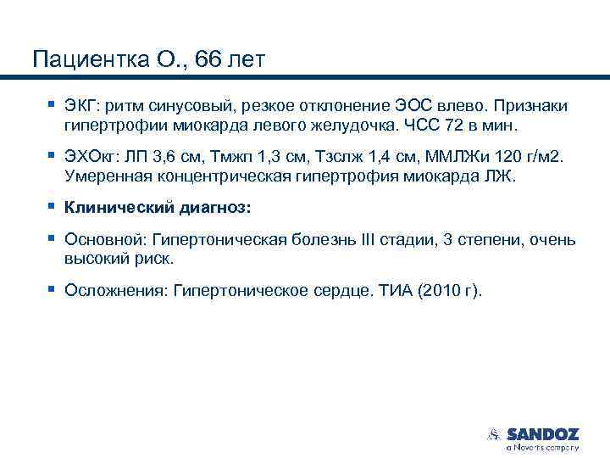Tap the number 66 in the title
[208, 60]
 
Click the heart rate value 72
[452, 126]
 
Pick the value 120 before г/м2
[503, 158]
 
